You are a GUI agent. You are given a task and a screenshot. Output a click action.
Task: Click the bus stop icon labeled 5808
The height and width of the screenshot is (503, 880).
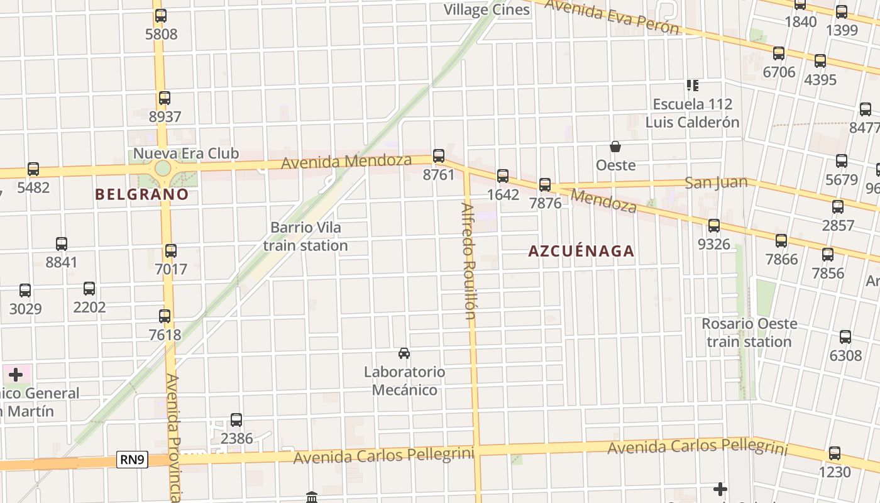(161, 16)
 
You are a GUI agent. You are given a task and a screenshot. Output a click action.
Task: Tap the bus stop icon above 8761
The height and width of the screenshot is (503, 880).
(439, 156)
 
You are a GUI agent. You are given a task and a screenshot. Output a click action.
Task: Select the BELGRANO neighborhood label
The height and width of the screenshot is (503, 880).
(142, 194)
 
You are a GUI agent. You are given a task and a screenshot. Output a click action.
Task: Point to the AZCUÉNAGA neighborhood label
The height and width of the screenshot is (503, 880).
(581, 251)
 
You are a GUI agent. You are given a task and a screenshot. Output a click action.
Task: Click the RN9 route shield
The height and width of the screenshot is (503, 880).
(133, 460)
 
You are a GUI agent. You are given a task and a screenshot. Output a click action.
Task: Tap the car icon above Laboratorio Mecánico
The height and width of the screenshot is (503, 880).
(404, 353)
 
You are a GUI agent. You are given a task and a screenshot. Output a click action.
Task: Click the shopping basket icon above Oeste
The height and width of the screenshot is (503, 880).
(615, 147)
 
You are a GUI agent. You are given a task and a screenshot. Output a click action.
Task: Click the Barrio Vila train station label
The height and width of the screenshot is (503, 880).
(305, 236)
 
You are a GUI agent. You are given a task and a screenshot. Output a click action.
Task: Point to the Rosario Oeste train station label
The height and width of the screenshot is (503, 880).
(749, 333)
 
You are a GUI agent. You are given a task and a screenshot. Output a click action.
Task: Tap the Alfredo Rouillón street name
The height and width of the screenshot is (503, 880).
(469, 261)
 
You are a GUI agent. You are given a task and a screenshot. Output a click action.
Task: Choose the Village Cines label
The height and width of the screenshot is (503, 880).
(487, 10)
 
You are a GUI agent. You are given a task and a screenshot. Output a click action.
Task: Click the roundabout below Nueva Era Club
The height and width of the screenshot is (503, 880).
(163, 169)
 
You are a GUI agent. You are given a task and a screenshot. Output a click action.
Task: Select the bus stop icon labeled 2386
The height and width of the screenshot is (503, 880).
(236, 420)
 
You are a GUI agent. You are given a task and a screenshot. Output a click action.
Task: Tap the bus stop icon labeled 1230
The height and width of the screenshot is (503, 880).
(835, 453)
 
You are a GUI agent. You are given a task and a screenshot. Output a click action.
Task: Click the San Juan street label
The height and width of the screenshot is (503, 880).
(716, 183)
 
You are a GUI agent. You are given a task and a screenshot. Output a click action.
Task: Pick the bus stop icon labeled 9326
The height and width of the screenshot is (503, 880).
(714, 226)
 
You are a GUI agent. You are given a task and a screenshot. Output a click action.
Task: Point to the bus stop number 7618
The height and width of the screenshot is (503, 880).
(165, 335)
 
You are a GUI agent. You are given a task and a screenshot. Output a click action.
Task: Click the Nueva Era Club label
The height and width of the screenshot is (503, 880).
(186, 153)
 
